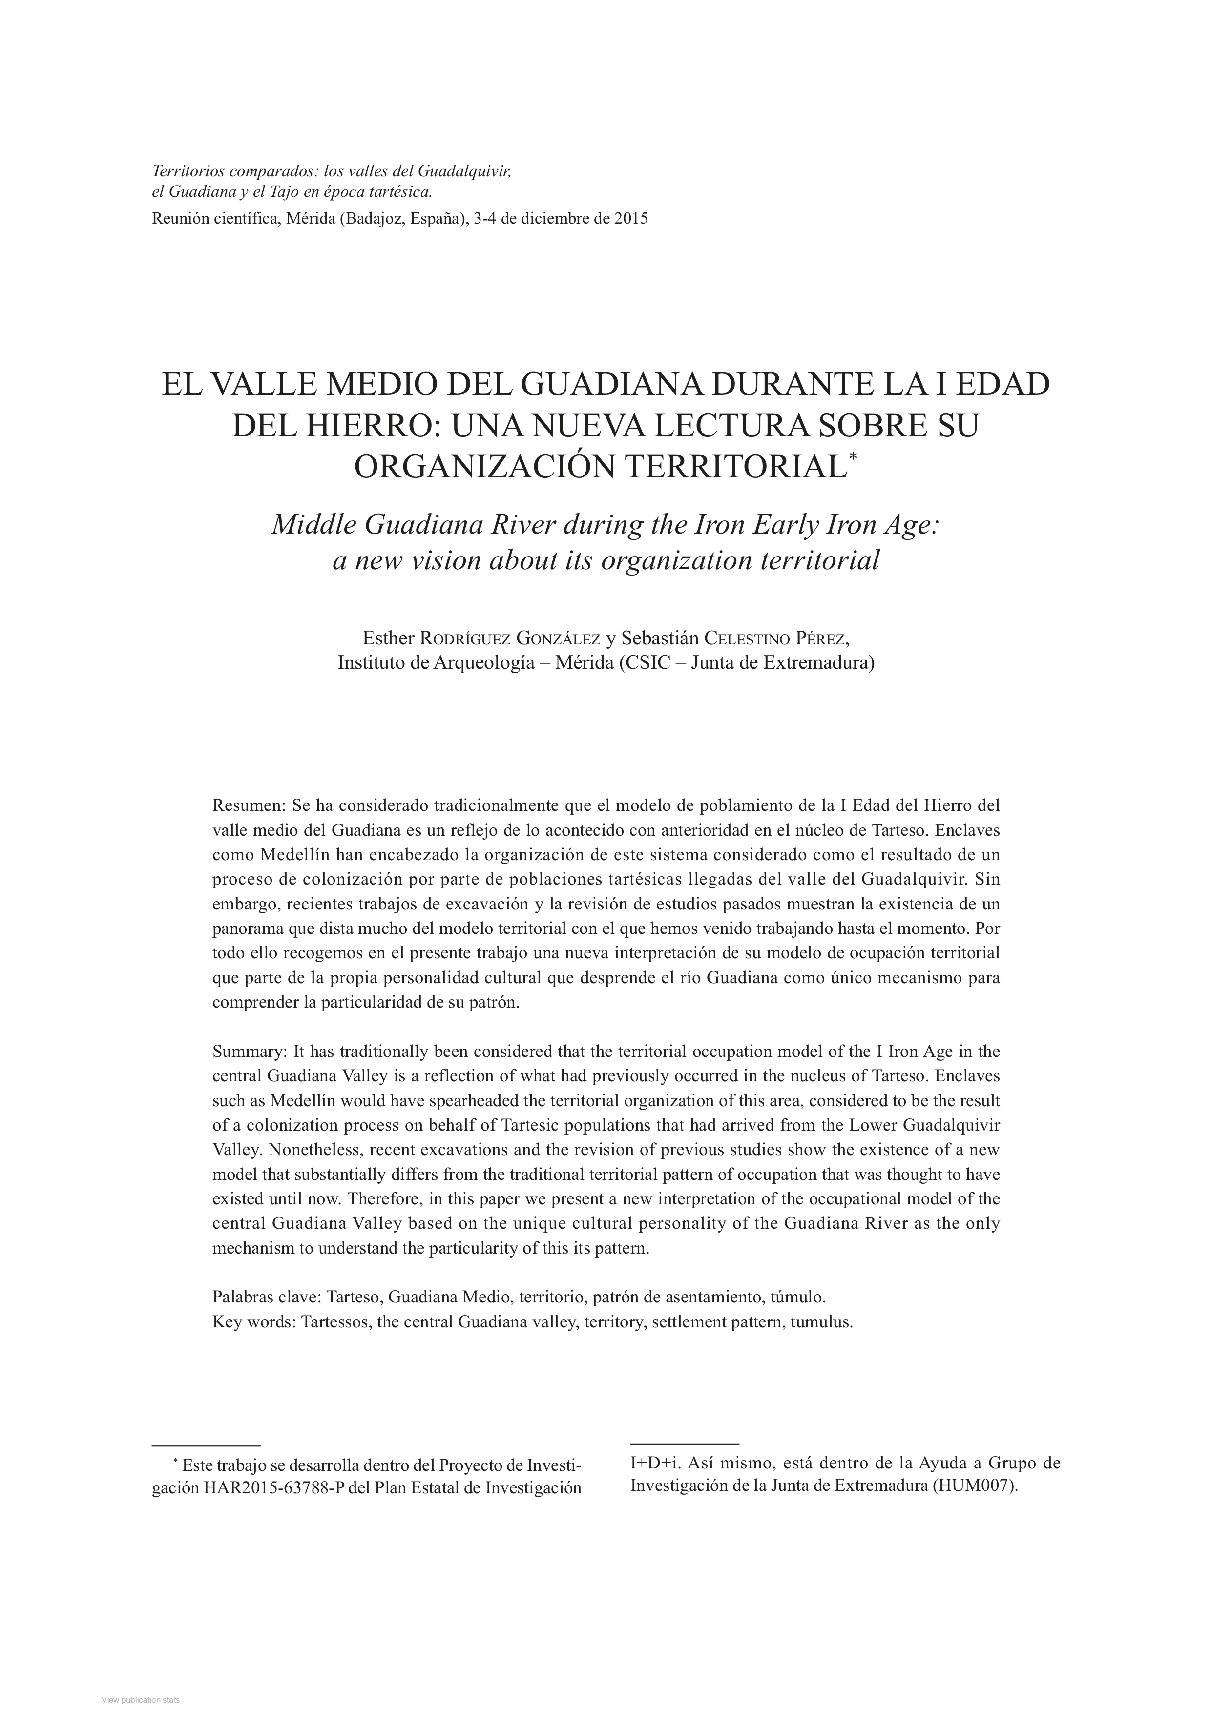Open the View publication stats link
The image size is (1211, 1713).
(x=141, y=1700)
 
